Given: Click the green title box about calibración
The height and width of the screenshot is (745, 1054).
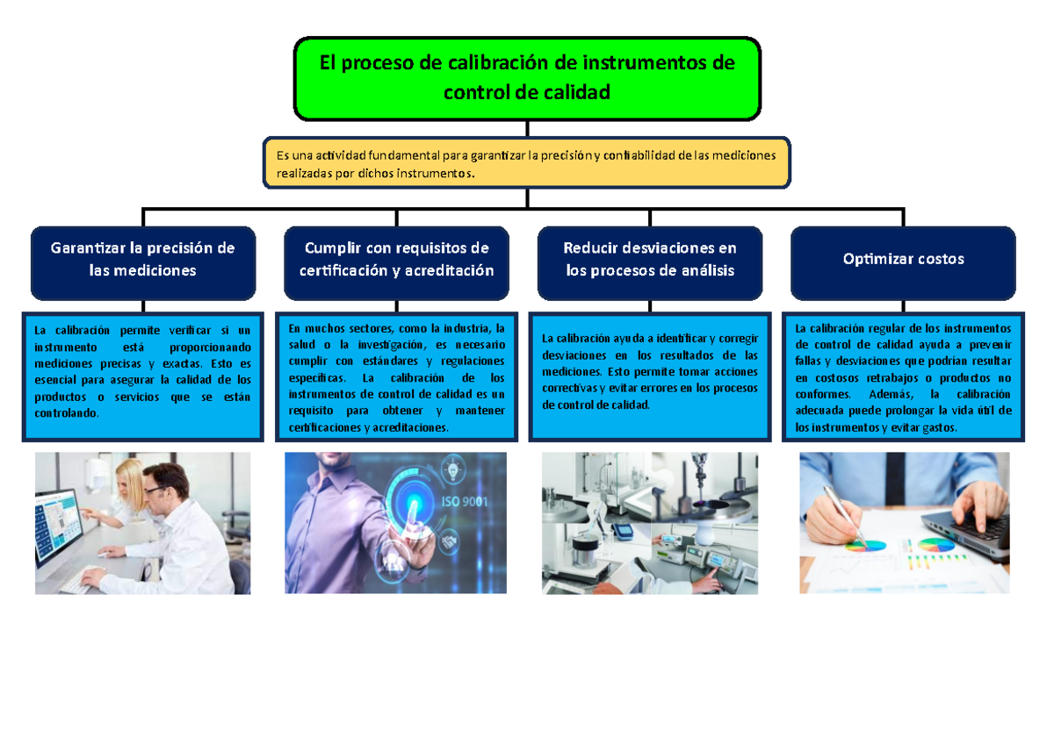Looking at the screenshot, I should click(527, 78).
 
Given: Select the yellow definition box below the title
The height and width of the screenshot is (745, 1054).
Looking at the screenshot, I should click(527, 163).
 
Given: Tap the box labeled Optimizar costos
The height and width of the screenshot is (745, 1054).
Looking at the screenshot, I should click(903, 260).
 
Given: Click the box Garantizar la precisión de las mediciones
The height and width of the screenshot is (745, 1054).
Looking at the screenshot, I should click(143, 261).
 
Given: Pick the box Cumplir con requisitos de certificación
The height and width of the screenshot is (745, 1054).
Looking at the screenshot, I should click(396, 261).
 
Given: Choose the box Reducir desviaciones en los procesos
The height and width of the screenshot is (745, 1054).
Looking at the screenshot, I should click(650, 261).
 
